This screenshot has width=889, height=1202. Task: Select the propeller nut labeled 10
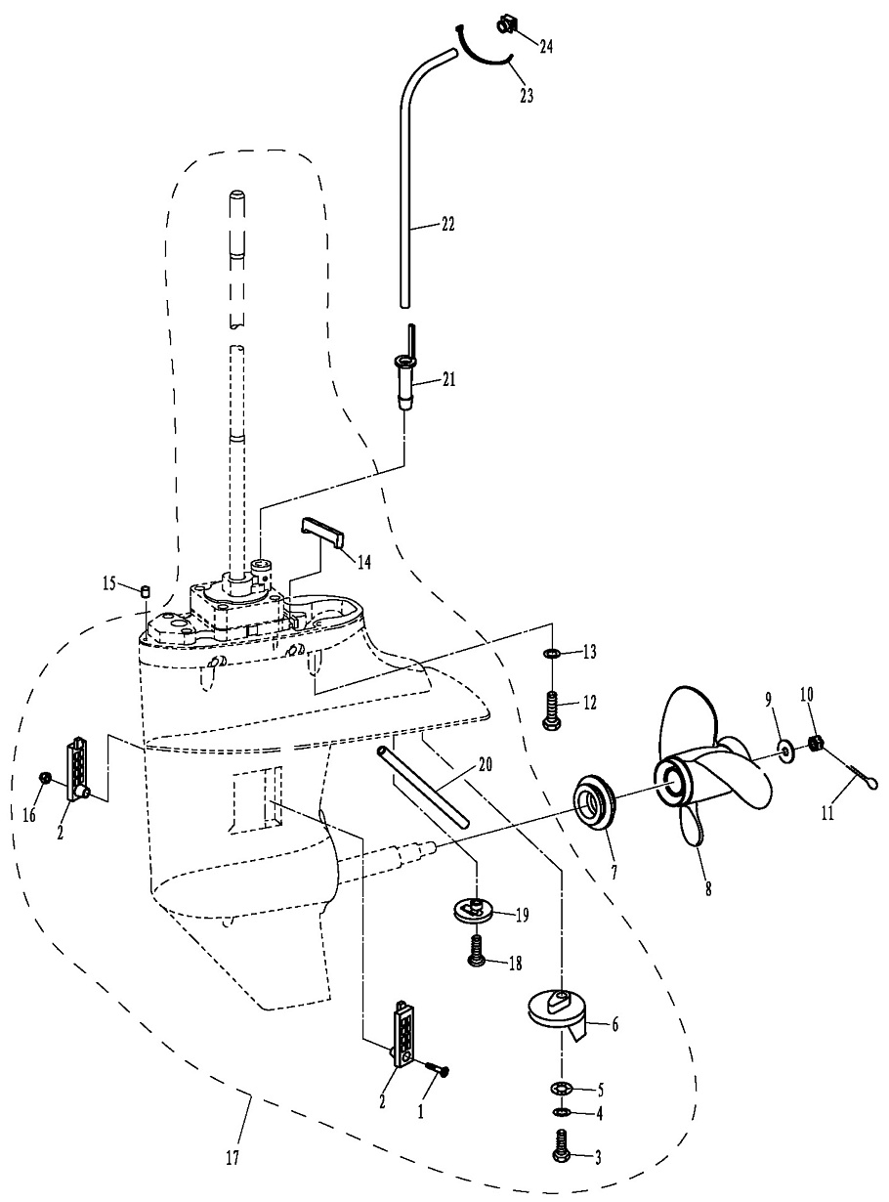(x=818, y=746)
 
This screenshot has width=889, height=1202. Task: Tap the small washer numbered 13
(x=551, y=654)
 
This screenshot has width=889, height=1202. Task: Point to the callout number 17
(x=232, y=1158)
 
